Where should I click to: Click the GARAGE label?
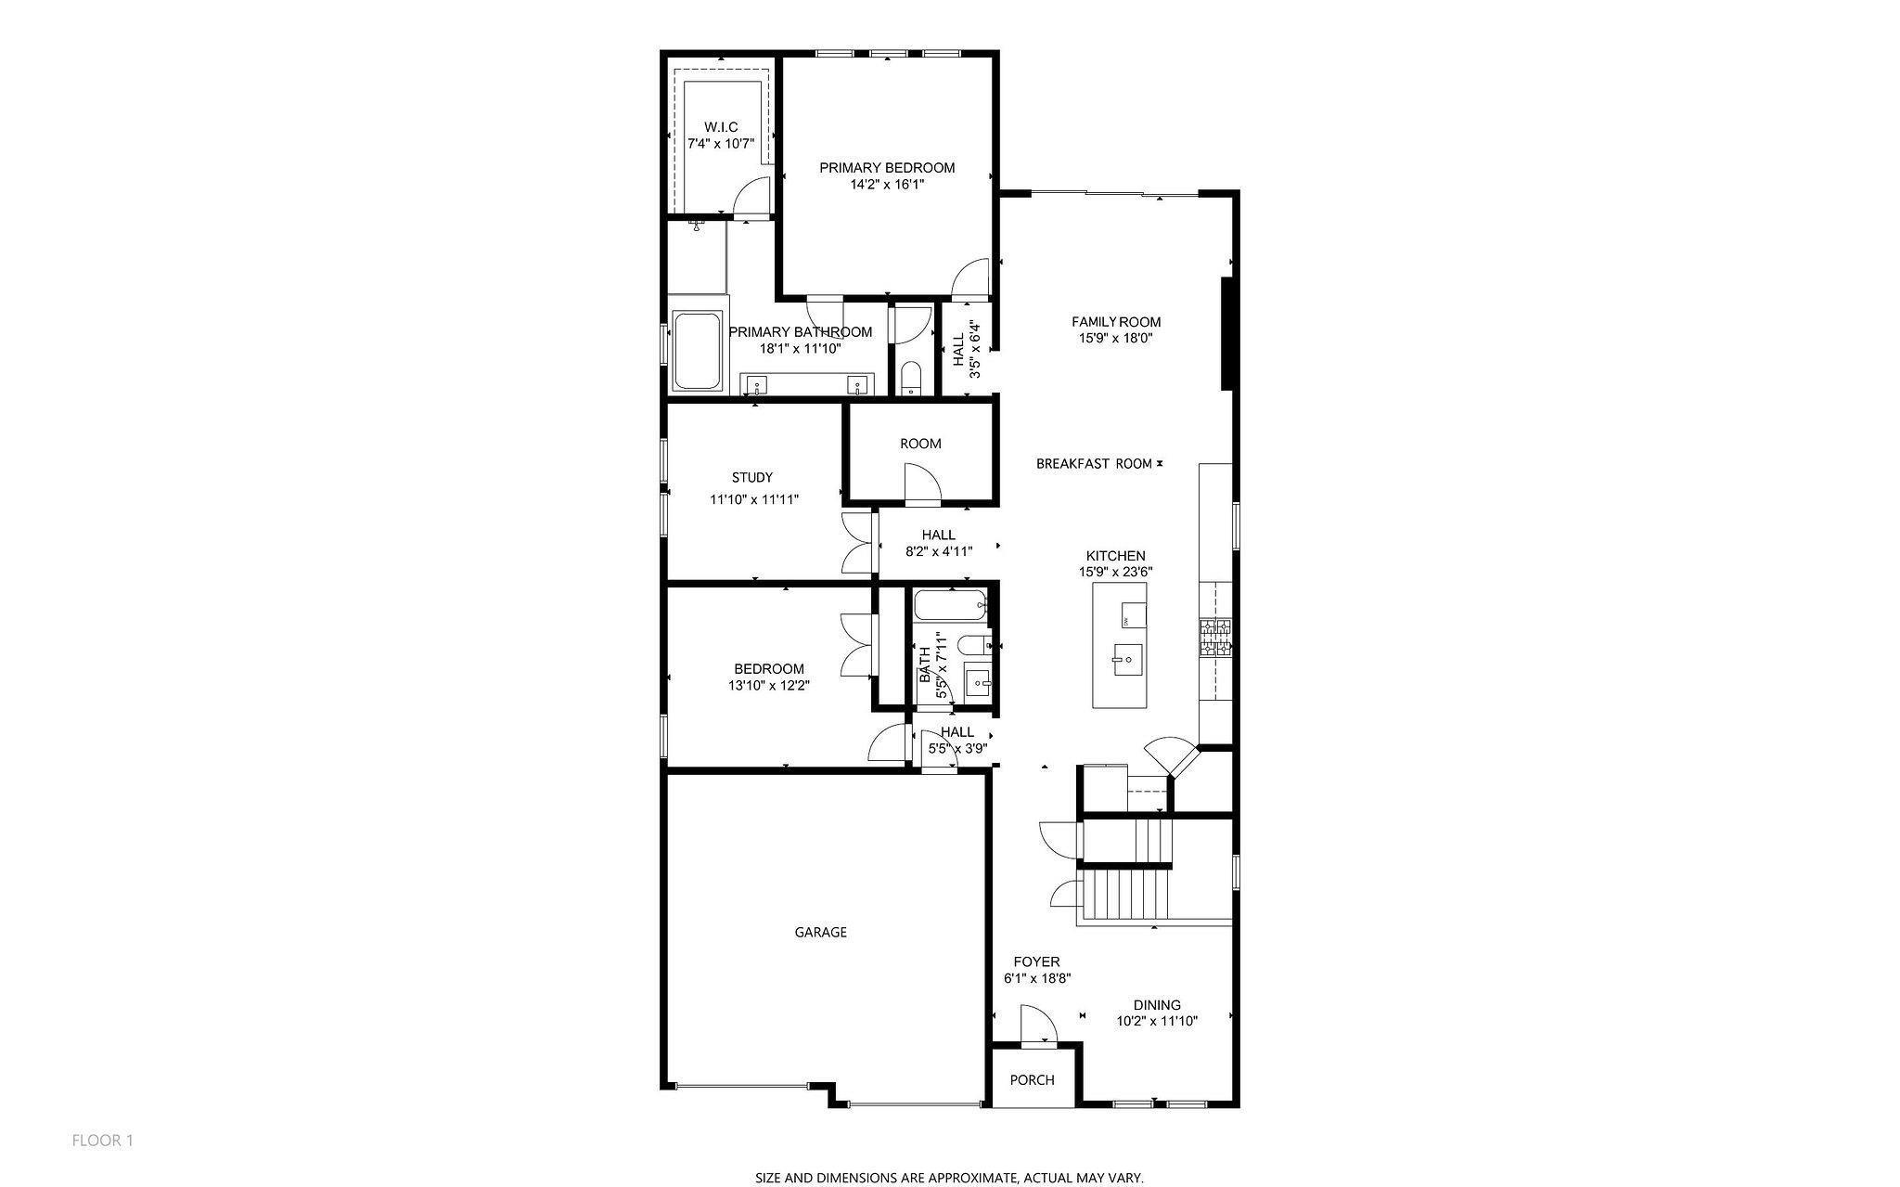[820, 932]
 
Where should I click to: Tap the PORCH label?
[1032, 1079]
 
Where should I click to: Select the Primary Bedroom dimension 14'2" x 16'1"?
[886, 185]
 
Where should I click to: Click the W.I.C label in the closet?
[721, 126]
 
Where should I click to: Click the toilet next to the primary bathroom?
[910, 379]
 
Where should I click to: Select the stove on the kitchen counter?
[1215, 639]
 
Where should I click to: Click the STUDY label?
[751, 477]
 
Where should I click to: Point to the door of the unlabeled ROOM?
[922, 483]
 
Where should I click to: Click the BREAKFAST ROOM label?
[1094, 463]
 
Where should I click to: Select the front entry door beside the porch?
[1037, 1026]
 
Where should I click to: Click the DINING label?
[1157, 1004]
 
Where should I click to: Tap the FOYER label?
[1035, 961]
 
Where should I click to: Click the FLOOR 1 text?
[102, 1140]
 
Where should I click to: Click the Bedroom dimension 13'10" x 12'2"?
[768, 686]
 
